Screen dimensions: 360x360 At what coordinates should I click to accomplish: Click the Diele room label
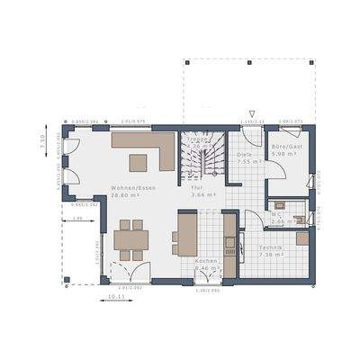tap(244, 155)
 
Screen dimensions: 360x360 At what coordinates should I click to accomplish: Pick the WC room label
tap(277, 214)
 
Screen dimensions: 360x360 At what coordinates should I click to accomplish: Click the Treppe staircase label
tap(200, 139)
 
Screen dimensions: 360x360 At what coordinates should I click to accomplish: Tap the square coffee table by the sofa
tap(139, 163)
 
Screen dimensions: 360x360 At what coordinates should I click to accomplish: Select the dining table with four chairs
tap(131, 240)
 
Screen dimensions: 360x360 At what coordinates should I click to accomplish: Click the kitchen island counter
tap(186, 232)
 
